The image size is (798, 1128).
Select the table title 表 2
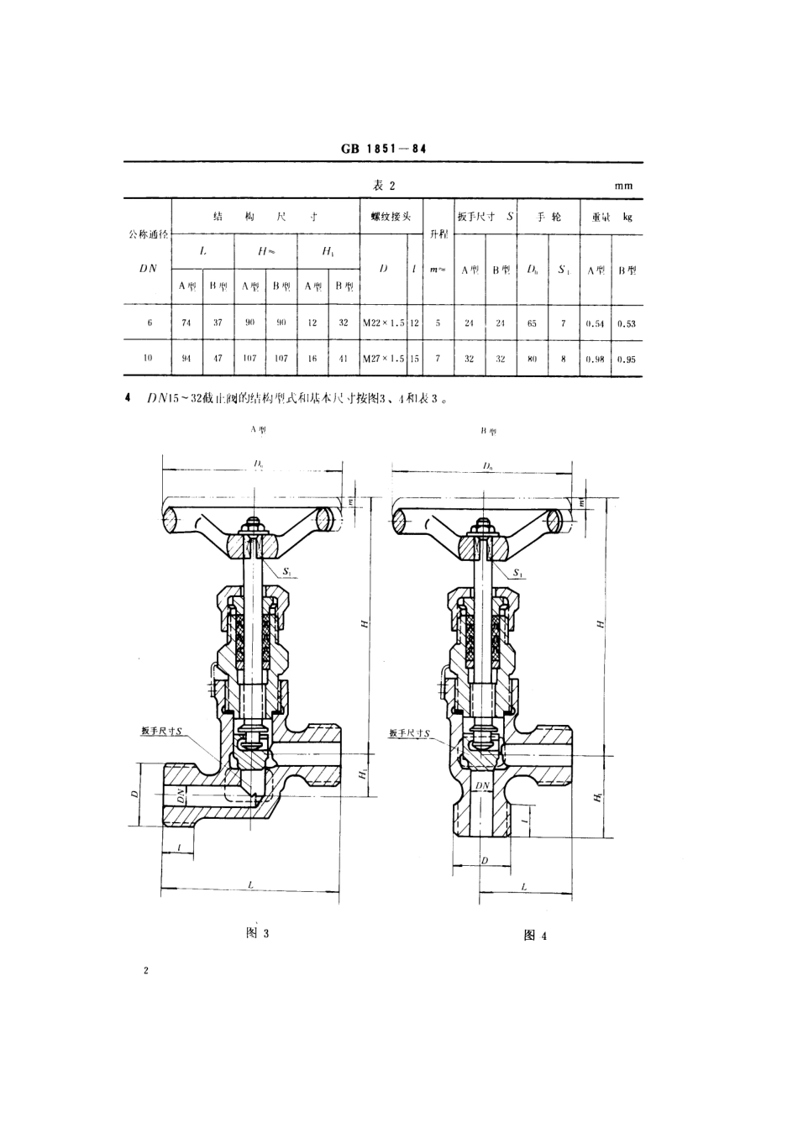pos(383,186)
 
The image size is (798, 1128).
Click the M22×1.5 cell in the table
pos(384,323)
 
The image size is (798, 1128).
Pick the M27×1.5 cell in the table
pos(384,359)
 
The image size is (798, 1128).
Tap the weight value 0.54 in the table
pos(596,323)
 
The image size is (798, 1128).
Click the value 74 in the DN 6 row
pos(186,323)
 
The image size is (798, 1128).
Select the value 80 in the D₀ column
pos(533,359)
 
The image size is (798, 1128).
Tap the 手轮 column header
pos(549,217)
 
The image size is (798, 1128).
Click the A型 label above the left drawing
pos(258,428)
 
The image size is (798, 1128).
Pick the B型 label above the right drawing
pos(488,431)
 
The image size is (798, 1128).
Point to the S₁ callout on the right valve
pos(518,574)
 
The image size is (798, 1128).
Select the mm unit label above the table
pos(622,186)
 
